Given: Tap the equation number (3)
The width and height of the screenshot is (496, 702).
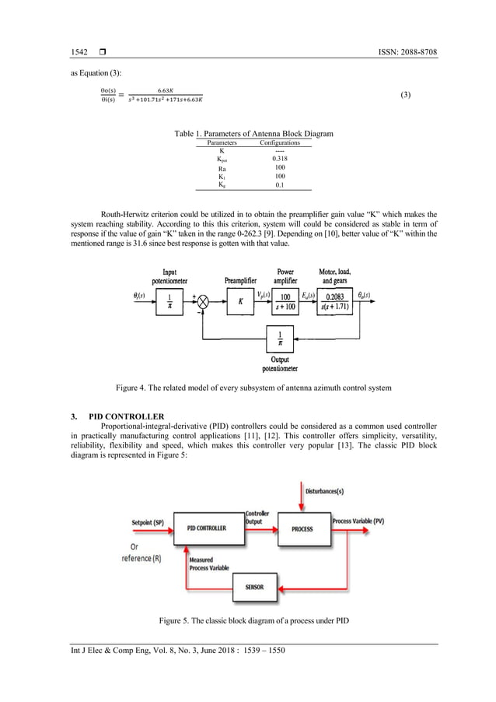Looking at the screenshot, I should click(x=405, y=95).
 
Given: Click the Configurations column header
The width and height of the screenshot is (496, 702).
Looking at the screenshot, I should click(x=279, y=143).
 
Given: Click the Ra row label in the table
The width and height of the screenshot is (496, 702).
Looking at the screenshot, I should click(x=222, y=167).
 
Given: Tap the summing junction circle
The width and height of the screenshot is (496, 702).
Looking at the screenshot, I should click(x=206, y=300).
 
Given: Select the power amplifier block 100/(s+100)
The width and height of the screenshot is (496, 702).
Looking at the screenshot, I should click(x=285, y=300).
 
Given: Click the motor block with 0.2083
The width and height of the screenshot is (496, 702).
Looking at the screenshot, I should click(x=337, y=300).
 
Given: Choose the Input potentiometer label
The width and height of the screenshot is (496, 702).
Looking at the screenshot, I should click(x=169, y=276).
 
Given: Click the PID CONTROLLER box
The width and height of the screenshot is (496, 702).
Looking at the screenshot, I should click(x=207, y=528).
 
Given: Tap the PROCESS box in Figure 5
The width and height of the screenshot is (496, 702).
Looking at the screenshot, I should click(x=302, y=528).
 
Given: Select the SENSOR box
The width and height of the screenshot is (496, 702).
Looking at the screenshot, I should click(x=254, y=586).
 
